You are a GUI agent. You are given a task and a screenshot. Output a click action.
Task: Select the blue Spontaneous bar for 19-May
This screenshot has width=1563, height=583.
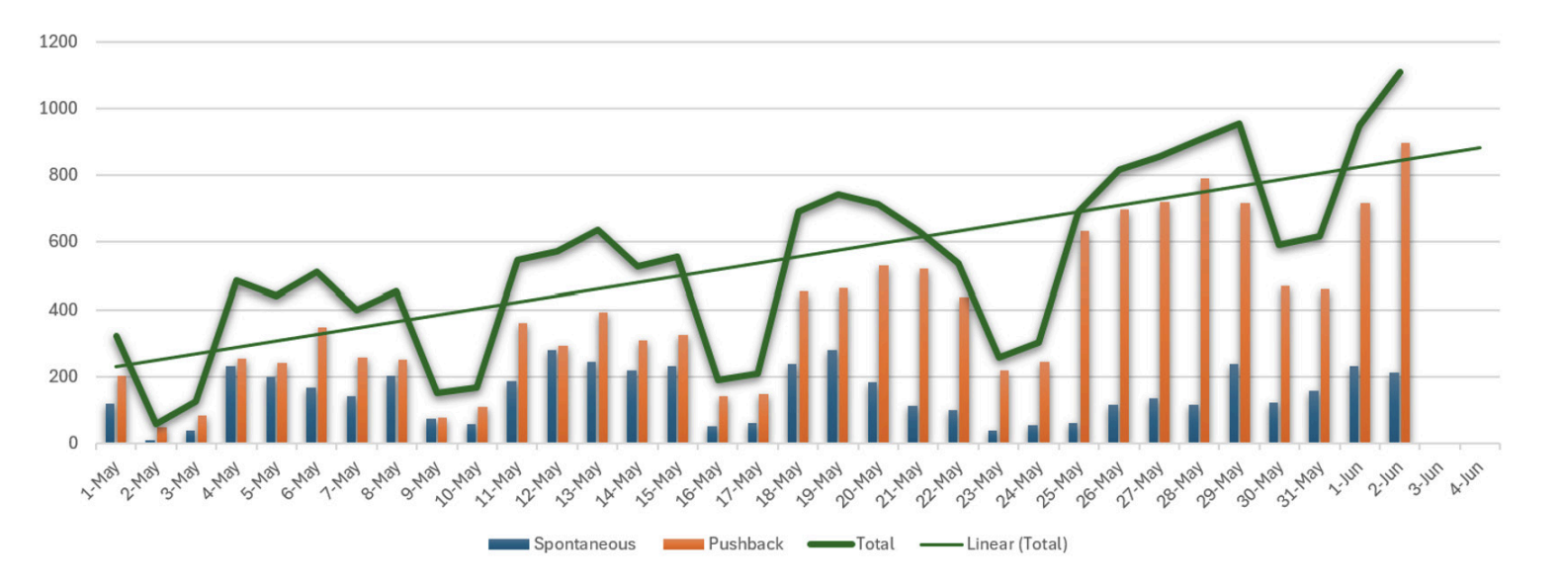coord(831,396)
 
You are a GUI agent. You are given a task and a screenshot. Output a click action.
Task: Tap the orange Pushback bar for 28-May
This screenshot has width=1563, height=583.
coord(1204,311)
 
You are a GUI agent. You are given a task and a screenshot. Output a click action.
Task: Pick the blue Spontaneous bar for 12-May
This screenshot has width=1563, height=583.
coord(551,396)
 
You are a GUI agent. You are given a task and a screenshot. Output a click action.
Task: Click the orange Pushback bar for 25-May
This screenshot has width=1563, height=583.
coord(1085,337)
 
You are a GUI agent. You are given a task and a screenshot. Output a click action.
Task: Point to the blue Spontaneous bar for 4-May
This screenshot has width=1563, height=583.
coord(230,404)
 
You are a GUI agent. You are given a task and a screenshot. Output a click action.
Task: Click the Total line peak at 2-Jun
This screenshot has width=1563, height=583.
coord(1400,72)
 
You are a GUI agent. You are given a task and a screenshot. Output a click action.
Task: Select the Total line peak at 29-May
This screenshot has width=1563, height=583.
coord(1240,124)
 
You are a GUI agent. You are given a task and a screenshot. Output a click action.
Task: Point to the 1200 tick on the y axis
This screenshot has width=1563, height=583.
coord(58,42)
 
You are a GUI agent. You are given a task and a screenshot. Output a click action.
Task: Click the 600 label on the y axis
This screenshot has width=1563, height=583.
coord(58,242)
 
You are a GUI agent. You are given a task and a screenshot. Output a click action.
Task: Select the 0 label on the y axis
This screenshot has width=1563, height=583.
coord(72,444)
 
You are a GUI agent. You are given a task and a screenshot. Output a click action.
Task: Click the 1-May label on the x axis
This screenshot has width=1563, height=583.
coord(101,479)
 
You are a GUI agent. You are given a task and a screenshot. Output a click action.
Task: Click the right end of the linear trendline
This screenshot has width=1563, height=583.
coord(1480,147)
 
